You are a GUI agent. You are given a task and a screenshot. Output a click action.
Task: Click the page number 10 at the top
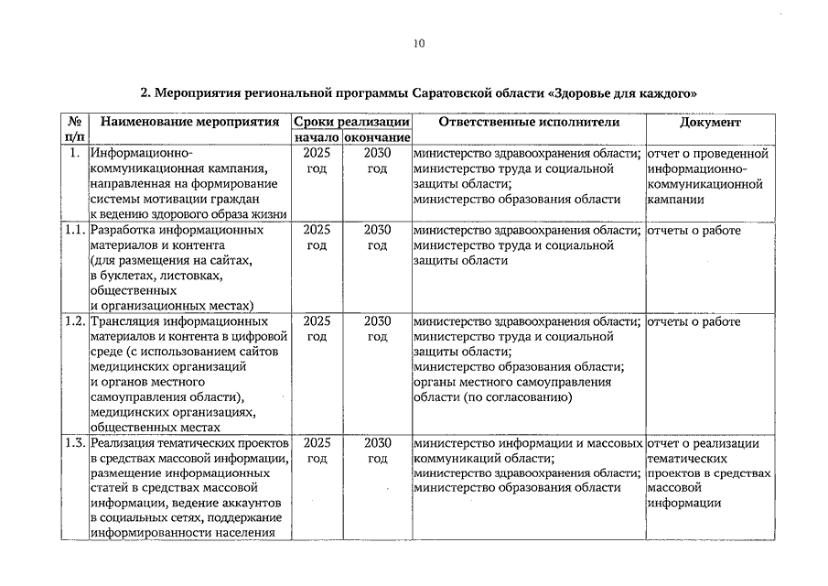pos(418,43)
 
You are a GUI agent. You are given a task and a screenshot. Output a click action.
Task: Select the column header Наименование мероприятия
pos(189,123)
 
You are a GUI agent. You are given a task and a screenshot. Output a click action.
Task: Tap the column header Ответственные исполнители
pos(528,123)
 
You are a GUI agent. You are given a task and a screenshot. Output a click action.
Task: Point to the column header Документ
pos(710,123)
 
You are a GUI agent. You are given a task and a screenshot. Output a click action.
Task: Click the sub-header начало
pos(317,137)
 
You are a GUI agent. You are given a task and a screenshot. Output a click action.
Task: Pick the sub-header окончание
pos(377,137)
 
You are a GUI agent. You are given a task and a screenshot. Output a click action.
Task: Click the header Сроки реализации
pos(351,123)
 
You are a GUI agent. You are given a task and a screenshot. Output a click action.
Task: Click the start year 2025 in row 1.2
pos(317,321)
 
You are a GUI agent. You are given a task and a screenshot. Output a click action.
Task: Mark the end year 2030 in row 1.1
pos(377,230)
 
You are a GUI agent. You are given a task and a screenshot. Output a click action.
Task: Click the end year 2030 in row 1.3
pos(377,443)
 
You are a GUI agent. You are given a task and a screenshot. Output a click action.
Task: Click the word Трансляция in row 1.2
pos(128,321)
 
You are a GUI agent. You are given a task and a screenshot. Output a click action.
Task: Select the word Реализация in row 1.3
pos(127,443)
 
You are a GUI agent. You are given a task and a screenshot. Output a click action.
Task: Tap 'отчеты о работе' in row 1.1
pos(694,230)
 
